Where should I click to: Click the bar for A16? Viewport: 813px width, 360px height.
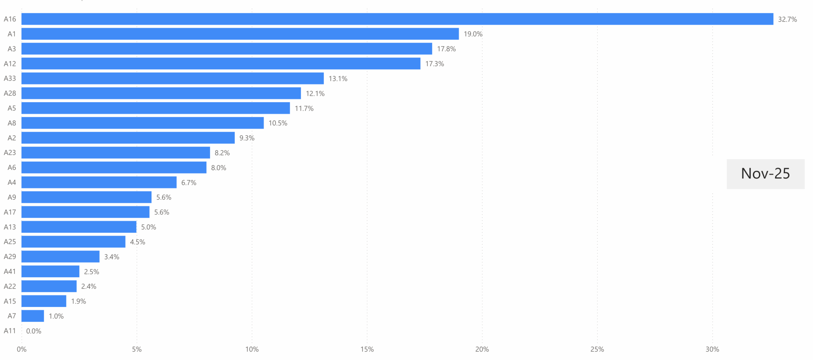pos(397,19)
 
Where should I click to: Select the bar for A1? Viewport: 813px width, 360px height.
pos(240,34)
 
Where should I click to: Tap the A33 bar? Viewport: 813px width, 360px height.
pos(172,78)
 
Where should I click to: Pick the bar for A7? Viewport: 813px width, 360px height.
pos(33,316)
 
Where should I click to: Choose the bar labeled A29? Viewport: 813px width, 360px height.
pos(60,257)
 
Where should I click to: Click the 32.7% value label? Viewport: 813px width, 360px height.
pos(787,19)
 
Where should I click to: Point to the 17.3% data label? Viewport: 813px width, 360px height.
pos(434,64)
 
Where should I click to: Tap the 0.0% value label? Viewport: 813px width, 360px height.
pos(34,331)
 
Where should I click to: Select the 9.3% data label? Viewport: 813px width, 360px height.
pos(247,138)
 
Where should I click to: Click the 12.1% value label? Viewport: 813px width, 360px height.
pos(315,94)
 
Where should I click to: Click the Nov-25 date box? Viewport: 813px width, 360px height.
pos(765,174)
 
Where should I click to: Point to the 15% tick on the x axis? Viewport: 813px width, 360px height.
pos(367,350)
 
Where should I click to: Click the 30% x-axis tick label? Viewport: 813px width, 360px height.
pos(712,350)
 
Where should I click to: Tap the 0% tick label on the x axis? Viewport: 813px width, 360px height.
pos(22,350)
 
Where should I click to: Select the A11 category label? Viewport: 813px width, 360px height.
pos(10,331)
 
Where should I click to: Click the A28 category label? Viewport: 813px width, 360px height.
pos(10,93)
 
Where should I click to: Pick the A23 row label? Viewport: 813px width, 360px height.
pos(10,153)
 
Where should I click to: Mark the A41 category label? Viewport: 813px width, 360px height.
pos(10,271)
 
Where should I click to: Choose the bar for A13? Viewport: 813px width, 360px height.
pos(79,227)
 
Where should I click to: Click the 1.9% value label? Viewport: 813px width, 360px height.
pos(78,301)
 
